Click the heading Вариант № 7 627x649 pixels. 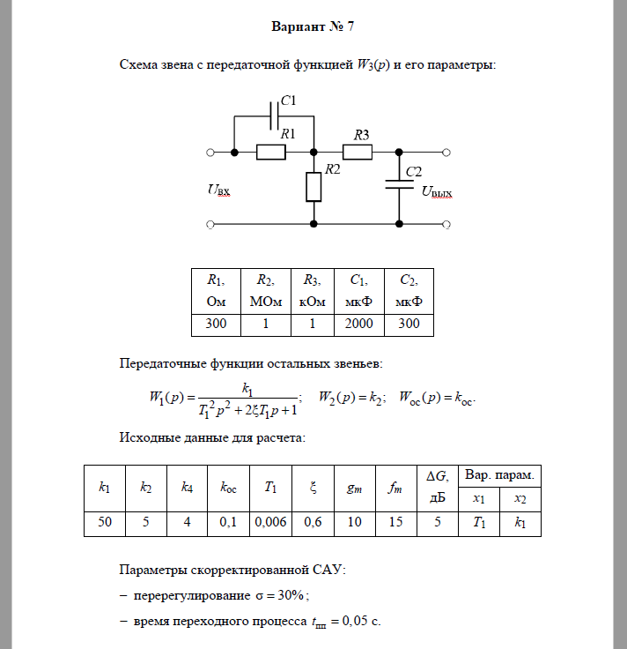tap(313, 26)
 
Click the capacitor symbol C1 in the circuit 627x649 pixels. tap(275, 114)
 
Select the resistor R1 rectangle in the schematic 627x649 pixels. tap(271, 153)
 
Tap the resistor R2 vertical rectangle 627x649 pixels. tap(313, 187)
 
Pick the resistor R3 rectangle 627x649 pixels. tap(357, 153)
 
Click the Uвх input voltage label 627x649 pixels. tap(219, 190)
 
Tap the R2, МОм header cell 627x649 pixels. tap(264, 290)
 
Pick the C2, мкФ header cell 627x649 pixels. tap(409, 290)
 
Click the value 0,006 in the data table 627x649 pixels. tap(271, 522)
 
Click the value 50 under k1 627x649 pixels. tap(105, 522)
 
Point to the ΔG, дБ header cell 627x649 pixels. tap(437, 486)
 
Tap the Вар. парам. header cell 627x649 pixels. tap(500, 475)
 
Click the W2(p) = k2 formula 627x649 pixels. tap(351, 396)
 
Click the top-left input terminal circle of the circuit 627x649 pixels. tap(210, 153)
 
